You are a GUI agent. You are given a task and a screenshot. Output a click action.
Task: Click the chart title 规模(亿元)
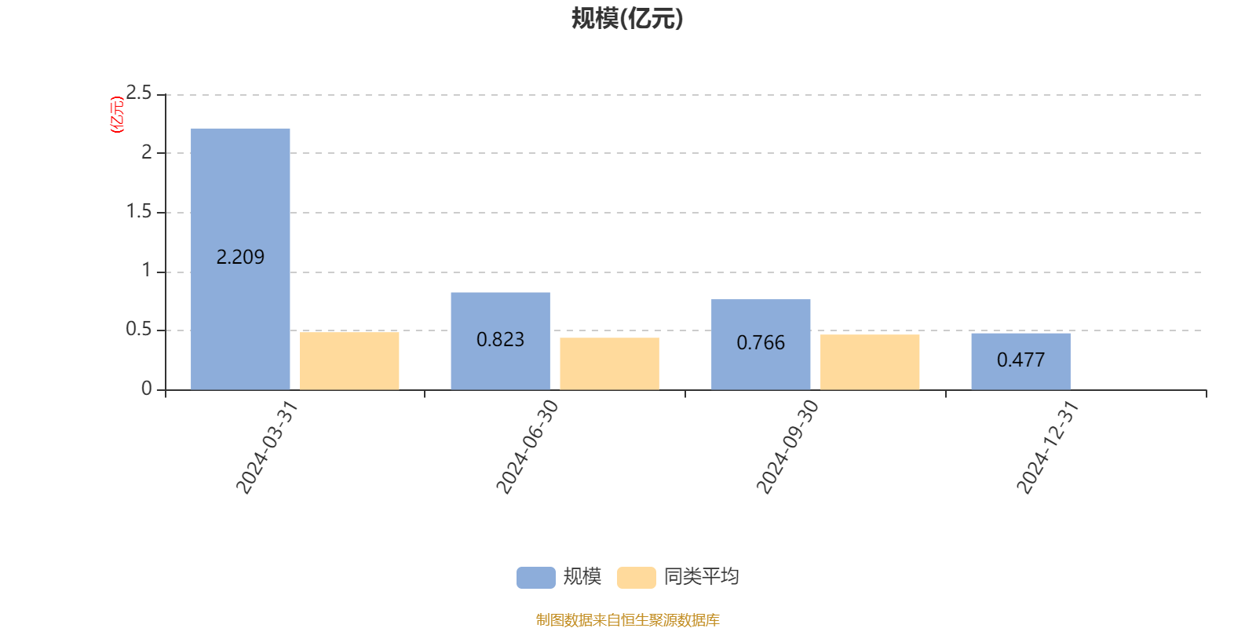click(x=627, y=19)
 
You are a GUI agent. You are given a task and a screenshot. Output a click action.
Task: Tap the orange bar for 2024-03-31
click(x=349, y=361)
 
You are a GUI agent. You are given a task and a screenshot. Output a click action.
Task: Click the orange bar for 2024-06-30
click(x=609, y=363)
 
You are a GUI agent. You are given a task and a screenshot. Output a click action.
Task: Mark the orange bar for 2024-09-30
click(x=870, y=362)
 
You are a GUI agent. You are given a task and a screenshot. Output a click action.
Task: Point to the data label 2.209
click(x=240, y=257)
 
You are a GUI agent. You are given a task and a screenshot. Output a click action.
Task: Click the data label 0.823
click(x=500, y=340)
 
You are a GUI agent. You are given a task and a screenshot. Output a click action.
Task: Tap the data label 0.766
click(x=761, y=343)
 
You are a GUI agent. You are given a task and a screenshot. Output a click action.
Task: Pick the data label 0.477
click(x=1020, y=360)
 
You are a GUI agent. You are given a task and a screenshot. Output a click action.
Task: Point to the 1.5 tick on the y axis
click(x=140, y=212)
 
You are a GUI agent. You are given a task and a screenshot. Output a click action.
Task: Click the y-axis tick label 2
click(x=147, y=153)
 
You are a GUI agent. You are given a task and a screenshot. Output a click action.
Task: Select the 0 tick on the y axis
click(x=147, y=389)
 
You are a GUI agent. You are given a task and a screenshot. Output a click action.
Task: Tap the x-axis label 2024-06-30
click(x=527, y=447)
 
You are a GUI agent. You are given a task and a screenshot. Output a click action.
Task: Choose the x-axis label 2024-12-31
click(x=1047, y=447)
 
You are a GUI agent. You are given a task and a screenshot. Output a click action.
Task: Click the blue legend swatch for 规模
click(x=535, y=577)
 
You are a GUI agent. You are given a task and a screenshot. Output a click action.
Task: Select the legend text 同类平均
click(x=701, y=577)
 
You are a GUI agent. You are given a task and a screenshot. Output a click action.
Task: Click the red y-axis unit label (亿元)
click(x=117, y=115)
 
